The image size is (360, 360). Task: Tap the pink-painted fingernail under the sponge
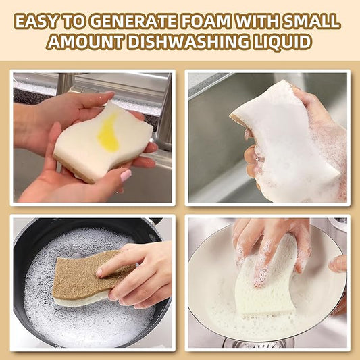(x=126, y=176)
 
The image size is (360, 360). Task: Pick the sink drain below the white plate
(x=260, y=344)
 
